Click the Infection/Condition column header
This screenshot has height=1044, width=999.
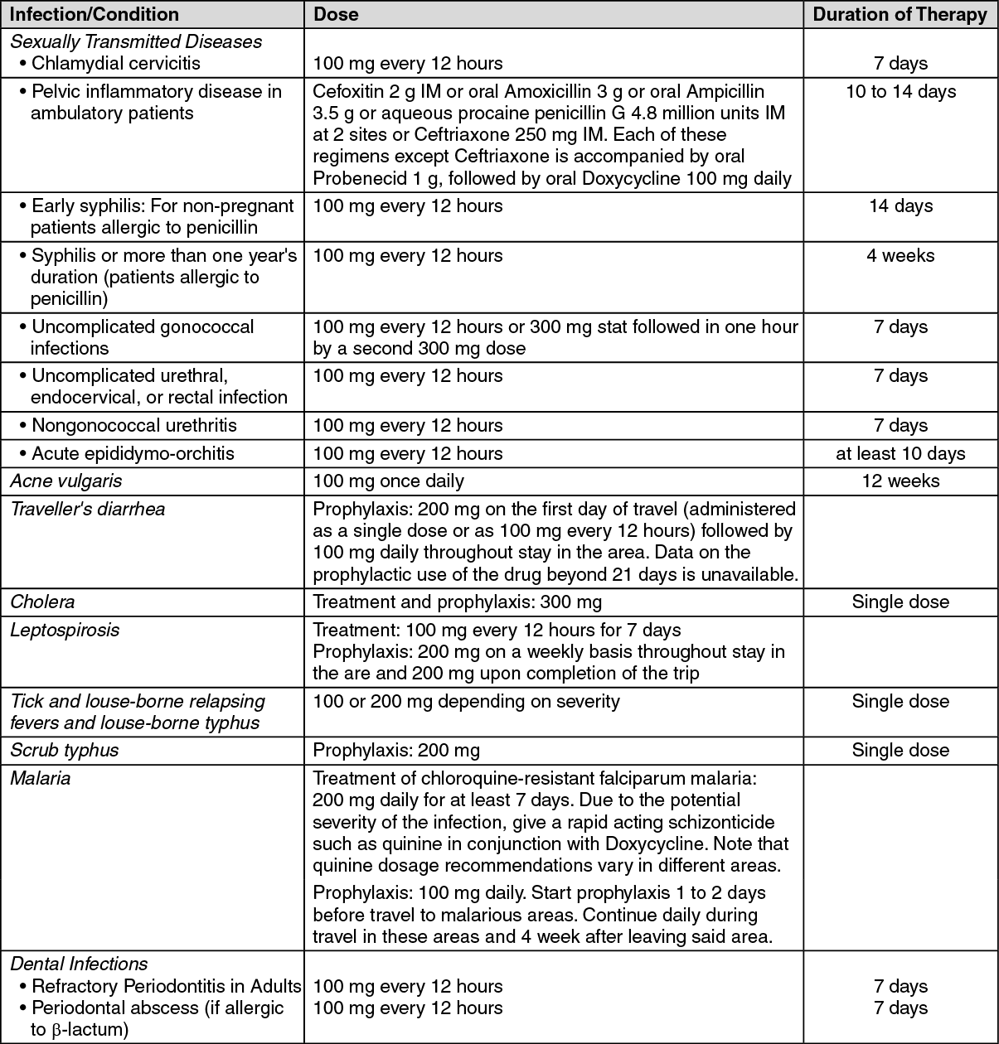coord(95,14)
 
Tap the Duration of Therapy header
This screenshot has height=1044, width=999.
coord(900,14)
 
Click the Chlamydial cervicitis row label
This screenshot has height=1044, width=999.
coord(115,63)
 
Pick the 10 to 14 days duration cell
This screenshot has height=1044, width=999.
coord(900,91)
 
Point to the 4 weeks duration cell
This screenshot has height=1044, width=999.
coord(900,255)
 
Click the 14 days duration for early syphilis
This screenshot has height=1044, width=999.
coord(900,205)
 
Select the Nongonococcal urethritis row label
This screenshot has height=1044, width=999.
coord(133,425)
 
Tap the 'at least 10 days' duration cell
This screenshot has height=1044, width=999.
coord(900,453)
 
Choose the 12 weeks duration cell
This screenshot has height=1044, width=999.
coord(900,481)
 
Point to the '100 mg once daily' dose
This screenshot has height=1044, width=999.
coord(388,481)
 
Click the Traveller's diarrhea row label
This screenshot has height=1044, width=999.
coord(87,509)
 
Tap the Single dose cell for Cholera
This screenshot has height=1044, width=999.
coord(900,602)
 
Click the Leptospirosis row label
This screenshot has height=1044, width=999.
coord(65,630)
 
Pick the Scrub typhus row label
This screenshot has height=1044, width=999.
coord(65,750)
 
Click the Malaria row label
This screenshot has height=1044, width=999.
coord(40,778)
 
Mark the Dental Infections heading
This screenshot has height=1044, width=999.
coord(79,964)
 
